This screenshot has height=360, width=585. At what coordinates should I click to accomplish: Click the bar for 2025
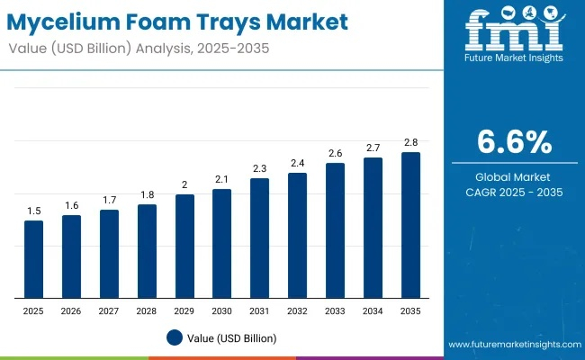coord(33,259)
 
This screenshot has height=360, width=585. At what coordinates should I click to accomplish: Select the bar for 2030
coord(222,244)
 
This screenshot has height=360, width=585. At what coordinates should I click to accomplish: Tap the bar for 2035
coord(410,225)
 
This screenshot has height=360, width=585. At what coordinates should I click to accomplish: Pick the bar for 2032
coord(297,236)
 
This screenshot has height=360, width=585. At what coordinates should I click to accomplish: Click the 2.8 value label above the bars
coord(410,142)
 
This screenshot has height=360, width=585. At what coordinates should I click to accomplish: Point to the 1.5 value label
coord(33,211)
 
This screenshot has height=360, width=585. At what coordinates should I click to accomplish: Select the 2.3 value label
coord(259,168)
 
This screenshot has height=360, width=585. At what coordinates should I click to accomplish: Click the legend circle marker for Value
coord(175,337)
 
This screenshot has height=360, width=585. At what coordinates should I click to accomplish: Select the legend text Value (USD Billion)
coord(232,337)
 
